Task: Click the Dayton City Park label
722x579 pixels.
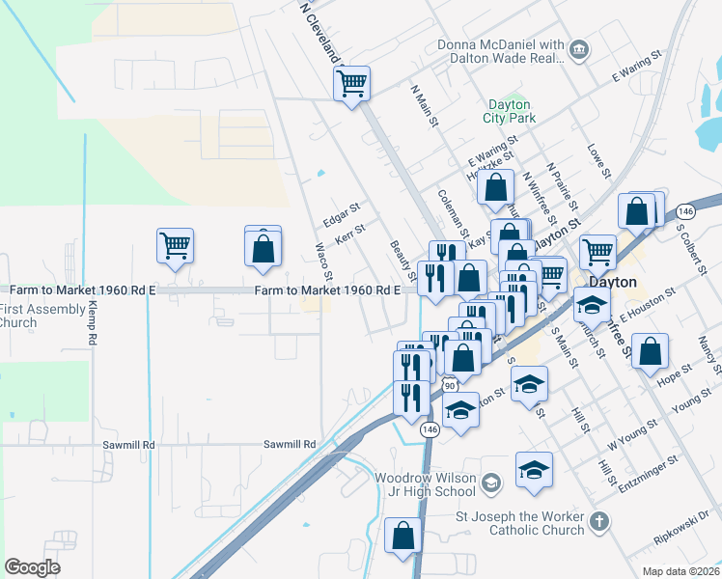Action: pos(509,111)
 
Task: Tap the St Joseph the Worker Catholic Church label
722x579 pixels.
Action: pos(520,522)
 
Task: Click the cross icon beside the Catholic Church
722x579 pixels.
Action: pos(599,522)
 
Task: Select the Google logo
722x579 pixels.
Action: pos(32,566)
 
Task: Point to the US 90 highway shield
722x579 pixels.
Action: pos(449,385)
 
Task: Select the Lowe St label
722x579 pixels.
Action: pos(598,161)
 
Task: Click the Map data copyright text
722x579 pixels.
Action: pos(680,571)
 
